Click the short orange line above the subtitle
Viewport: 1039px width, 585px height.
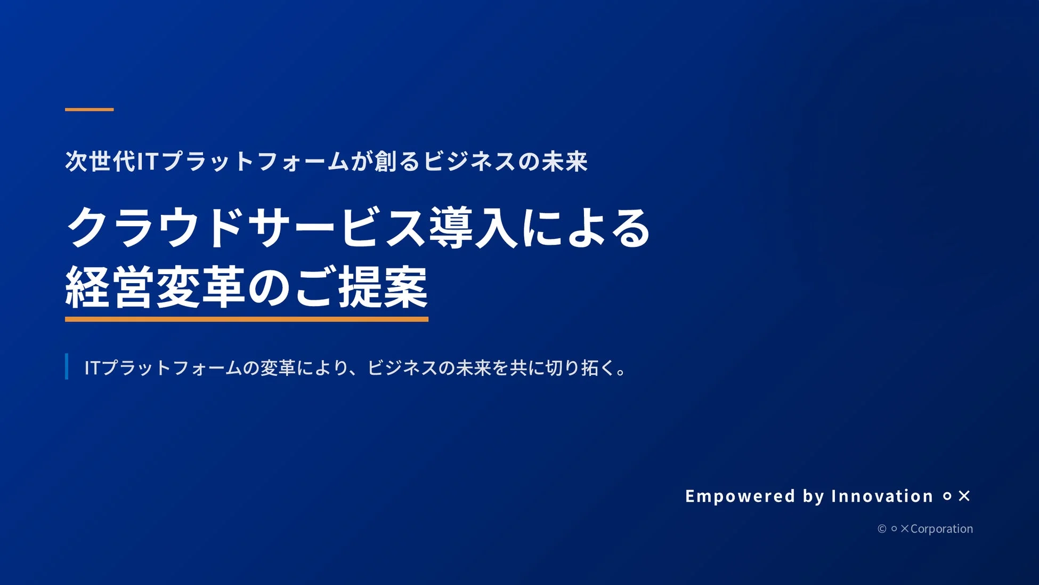pyautogui.click(x=89, y=109)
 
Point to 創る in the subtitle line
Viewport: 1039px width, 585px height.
pyautogui.click(x=397, y=161)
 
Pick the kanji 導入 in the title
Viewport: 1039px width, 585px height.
pyautogui.click(x=473, y=228)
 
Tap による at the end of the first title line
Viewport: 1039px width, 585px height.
pyautogui.click(x=586, y=228)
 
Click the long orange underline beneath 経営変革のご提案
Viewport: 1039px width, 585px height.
pyautogui.click(x=246, y=319)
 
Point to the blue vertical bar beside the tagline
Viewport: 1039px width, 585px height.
pyautogui.click(x=67, y=366)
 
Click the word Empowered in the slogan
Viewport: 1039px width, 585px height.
pyautogui.click(x=740, y=496)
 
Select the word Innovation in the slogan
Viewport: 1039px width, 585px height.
pyautogui.click(x=882, y=496)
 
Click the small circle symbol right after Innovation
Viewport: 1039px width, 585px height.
pyautogui.click(x=947, y=496)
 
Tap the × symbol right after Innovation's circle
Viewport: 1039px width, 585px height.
pyautogui.click(x=964, y=496)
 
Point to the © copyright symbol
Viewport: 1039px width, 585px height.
pyautogui.click(x=882, y=528)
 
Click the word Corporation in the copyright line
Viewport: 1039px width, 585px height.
pyautogui.click(x=941, y=528)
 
